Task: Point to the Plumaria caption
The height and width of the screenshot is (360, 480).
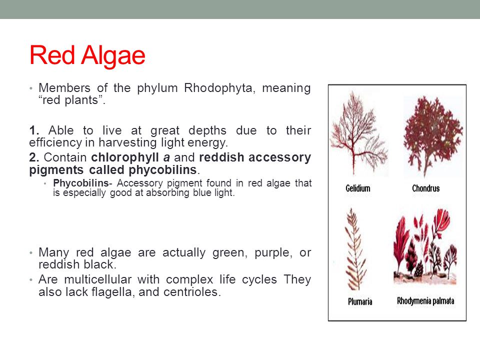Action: (x=360, y=302)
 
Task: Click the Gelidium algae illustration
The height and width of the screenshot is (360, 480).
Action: (x=357, y=132)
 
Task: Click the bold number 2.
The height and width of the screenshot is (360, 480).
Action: (x=33, y=157)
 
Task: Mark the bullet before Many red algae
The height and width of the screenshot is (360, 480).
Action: (x=30, y=253)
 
